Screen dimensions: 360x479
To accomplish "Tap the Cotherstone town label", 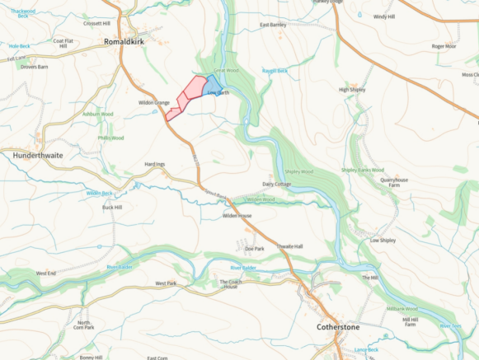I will pyautogui.click(x=338, y=327).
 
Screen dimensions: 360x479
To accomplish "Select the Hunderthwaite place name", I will pyautogui.click(x=39, y=154).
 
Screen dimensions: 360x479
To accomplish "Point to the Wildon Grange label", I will pyautogui.click(x=153, y=103).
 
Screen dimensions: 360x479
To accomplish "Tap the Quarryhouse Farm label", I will pyautogui.click(x=395, y=182).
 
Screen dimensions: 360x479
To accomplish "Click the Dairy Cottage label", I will pyautogui.click(x=277, y=184).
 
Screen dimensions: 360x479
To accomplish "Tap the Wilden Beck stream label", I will pyautogui.click(x=99, y=194).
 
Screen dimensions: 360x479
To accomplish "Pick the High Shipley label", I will pyautogui.click(x=351, y=90).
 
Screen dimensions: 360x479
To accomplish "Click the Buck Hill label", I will pyautogui.click(x=112, y=208).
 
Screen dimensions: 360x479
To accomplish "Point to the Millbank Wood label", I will pyautogui.click(x=402, y=309).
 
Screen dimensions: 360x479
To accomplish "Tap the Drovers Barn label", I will pyautogui.click(x=35, y=67).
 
